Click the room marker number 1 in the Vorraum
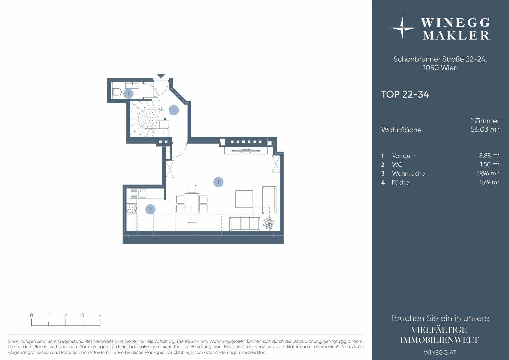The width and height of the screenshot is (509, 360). coord(174,110)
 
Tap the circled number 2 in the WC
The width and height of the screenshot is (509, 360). coord(128,94)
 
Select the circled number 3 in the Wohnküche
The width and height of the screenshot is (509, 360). coord(218,182)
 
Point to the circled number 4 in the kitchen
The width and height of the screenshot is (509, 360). coord(150,209)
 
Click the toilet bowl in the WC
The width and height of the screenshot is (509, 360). coord(116,93)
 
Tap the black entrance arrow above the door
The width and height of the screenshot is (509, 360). coord(161,76)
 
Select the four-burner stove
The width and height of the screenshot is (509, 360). coord(132,209)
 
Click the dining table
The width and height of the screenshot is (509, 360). coord(192,204)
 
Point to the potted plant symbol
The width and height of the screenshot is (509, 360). coord(269,223)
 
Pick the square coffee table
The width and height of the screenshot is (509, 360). coord(244,199)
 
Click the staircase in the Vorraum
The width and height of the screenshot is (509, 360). coord(149,119)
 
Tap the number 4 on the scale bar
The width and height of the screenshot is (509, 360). coord(100,315)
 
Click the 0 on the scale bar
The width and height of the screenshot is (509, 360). coord(31,315)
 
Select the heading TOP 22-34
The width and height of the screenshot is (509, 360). coord(405,94)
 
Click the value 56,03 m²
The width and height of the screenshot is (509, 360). coord(485,129)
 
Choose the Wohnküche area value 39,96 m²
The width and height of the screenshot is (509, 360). coord(488,173)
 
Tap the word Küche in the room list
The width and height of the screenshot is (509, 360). coord(400,182)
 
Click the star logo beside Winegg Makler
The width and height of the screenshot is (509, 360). coord(403,28)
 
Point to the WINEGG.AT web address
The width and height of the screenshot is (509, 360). coord(440,352)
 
